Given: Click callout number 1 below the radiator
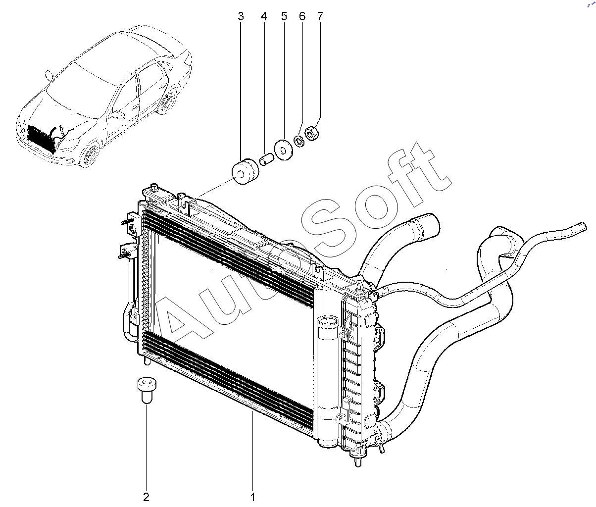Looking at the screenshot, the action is tap(253, 497).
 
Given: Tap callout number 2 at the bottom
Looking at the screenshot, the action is tap(146, 497).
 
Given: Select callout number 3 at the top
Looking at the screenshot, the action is tap(241, 16).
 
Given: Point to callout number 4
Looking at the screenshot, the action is tap(264, 16).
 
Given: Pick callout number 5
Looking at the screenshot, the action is tap(284, 16).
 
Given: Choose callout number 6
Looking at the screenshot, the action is tap(302, 16).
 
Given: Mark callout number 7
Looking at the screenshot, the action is tap(320, 16).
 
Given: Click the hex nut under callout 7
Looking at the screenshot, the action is tap(311, 133).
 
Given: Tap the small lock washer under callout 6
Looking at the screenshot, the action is tap(299, 141).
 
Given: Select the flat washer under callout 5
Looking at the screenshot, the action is tap(283, 150).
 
